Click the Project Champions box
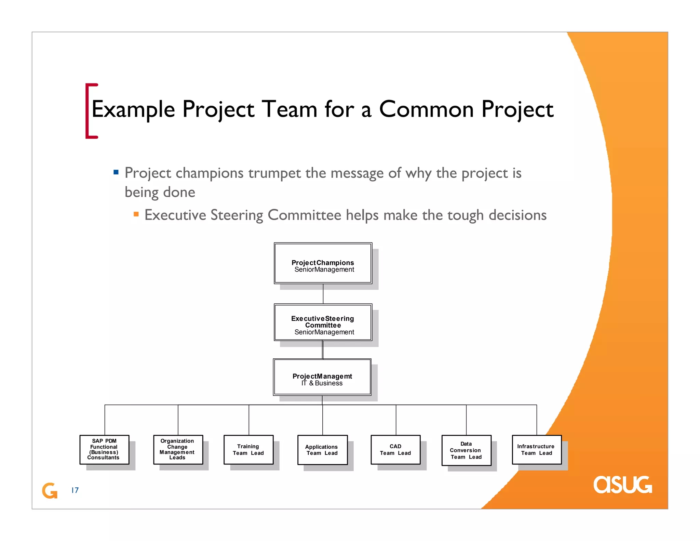coord(323,263)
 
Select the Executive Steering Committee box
coord(323,322)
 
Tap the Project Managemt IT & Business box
coord(322,377)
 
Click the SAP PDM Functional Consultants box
coord(104,449)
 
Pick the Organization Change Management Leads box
coord(178,449)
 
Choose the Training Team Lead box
coord(248,449)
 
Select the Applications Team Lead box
coord(322,450)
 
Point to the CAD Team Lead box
coord(395,449)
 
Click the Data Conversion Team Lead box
coord(466,450)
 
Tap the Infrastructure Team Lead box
coord(537,449)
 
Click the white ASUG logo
coord(622,485)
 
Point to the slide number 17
coord(75,490)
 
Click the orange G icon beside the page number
coord(50,490)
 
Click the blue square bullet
coord(116,172)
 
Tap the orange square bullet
coord(136,214)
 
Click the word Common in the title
coord(426,109)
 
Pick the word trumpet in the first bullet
coord(274,173)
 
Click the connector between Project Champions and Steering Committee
coord(323,294)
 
